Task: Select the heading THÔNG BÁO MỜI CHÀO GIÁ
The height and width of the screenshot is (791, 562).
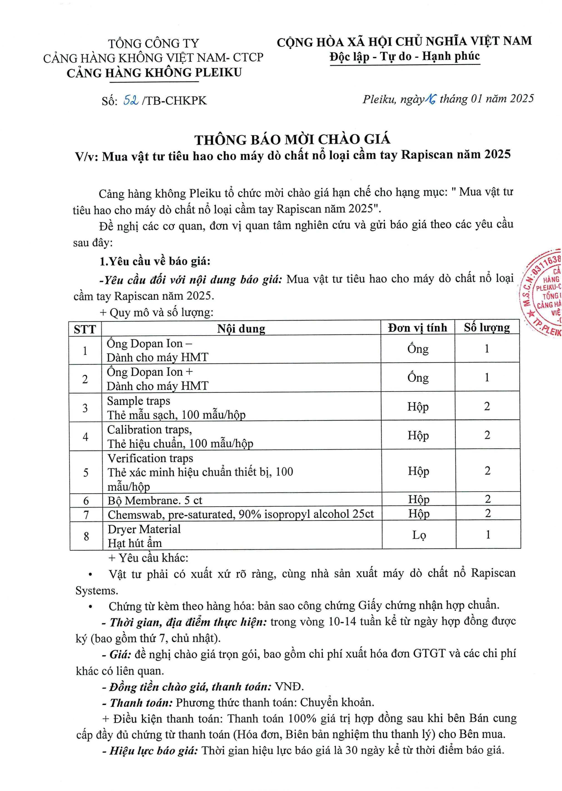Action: coord(292,140)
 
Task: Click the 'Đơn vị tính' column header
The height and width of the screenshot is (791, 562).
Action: coord(417,328)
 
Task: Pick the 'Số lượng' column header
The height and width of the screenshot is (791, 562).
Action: coord(487,328)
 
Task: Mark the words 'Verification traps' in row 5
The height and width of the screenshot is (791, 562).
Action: coord(150,458)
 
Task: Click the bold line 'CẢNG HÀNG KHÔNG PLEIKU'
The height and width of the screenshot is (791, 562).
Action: coord(154,73)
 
